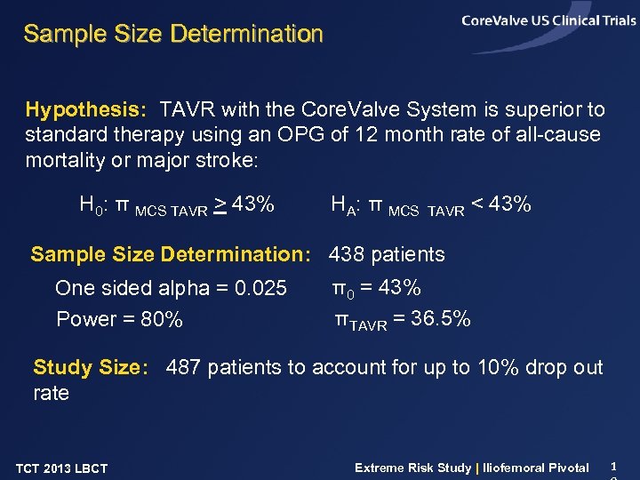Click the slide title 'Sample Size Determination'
[x=173, y=35]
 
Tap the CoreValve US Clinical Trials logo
[x=548, y=21]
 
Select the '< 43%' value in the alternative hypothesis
[x=501, y=204]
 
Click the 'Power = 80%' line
[x=119, y=319]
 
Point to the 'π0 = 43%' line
[x=376, y=288]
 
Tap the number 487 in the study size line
[x=183, y=367]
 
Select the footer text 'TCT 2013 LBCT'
[x=61, y=468]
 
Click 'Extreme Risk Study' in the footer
[x=412, y=468]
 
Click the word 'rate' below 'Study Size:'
[x=51, y=393]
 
